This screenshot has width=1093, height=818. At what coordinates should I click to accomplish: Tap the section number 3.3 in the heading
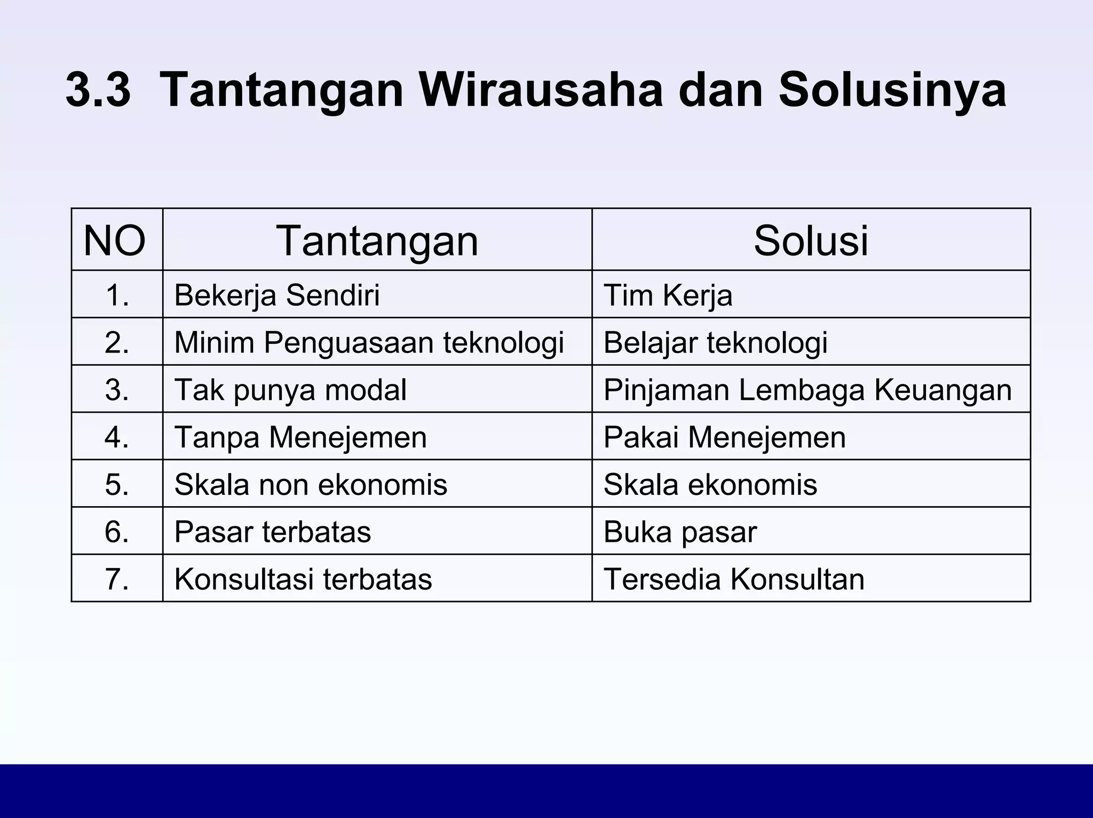coord(98,91)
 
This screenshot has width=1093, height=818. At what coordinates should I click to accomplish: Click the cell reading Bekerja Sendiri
coord(277,295)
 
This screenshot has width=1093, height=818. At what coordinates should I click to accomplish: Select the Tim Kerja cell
coord(668,295)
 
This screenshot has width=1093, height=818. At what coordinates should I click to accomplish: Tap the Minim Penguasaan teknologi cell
coord(369,342)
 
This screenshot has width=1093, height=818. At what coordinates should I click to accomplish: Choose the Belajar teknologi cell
coord(715,342)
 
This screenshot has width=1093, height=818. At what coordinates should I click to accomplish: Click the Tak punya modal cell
coord(290,390)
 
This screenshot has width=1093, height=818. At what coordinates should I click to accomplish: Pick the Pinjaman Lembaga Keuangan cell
coord(807,390)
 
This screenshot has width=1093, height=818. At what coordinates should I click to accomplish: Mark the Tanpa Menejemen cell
coord(300,437)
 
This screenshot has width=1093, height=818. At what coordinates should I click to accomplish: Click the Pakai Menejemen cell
coord(724,437)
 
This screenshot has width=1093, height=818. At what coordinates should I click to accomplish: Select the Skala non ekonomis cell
coord(311,485)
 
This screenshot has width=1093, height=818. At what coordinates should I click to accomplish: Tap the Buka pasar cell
coord(680,532)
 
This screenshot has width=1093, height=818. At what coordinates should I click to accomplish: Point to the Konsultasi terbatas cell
coord(303,579)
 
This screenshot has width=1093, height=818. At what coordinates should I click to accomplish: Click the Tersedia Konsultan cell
coord(734,579)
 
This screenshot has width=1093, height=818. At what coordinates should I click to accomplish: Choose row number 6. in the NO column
coord(117,532)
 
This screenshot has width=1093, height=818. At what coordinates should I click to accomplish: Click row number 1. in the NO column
coord(117,295)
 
